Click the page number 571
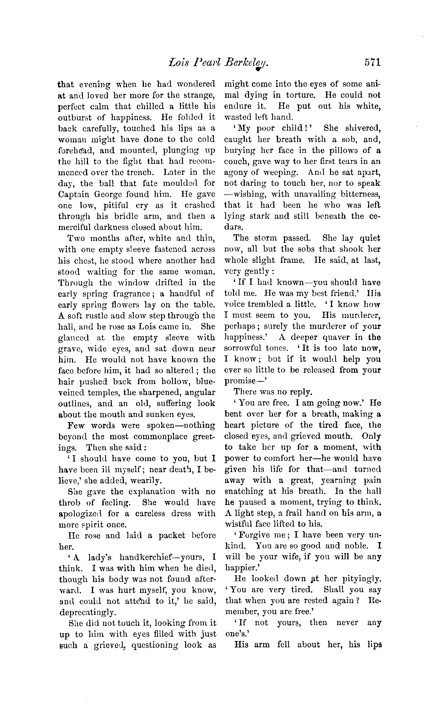[x=372, y=63]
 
